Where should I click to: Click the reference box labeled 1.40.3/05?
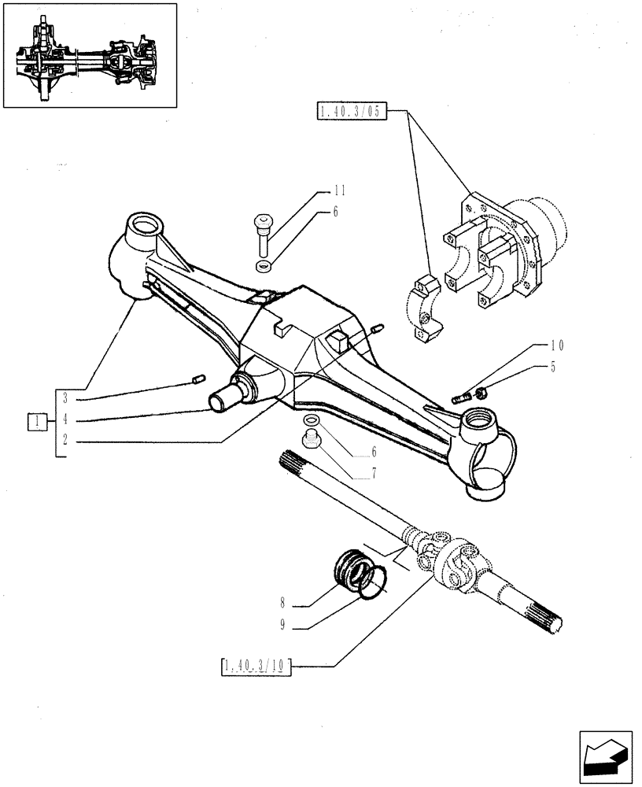[x=351, y=112]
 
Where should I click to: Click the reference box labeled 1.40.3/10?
[x=256, y=667]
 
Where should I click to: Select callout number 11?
[x=339, y=190]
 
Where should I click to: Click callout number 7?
[x=374, y=475]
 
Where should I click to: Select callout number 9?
[x=281, y=626]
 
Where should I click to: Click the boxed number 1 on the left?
[x=36, y=422]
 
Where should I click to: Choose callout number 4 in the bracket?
[x=66, y=420]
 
